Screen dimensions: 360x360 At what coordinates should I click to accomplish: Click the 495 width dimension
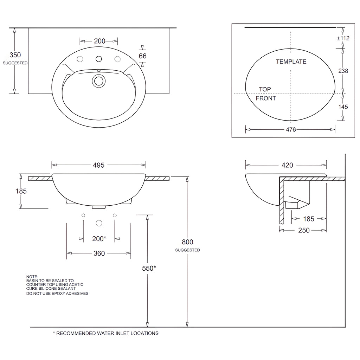click(98, 165)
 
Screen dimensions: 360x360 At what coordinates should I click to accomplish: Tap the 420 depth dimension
click(287, 165)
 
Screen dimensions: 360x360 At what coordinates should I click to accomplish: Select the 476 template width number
click(291, 130)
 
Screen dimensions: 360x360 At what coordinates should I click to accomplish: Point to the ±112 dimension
click(343, 38)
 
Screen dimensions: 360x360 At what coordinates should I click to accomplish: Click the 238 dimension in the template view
click(343, 71)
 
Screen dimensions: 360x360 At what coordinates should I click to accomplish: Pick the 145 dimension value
click(343, 107)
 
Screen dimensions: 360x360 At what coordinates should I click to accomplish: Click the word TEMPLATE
click(291, 62)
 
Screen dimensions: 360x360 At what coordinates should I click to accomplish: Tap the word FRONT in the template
click(266, 98)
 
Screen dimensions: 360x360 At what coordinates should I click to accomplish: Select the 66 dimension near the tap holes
click(143, 56)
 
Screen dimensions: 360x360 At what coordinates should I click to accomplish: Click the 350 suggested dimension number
click(15, 55)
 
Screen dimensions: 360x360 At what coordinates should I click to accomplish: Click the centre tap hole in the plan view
click(99, 59)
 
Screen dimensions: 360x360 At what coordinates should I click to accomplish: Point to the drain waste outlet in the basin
click(99, 81)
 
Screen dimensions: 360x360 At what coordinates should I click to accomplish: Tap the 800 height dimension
click(188, 242)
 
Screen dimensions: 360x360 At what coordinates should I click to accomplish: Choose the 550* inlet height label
click(149, 268)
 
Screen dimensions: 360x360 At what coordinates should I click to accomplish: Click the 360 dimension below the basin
click(99, 253)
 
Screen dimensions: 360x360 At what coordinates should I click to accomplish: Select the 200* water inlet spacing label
click(99, 239)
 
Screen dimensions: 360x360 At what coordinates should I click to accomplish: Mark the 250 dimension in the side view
click(304, 230)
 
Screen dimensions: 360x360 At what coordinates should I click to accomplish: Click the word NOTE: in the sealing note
click(32, 277)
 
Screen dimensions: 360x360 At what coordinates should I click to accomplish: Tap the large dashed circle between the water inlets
click(99, 223)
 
